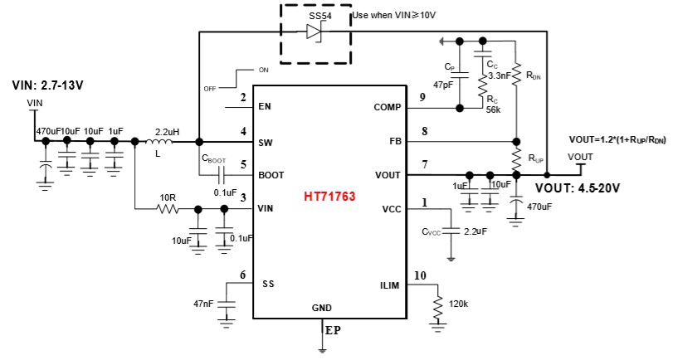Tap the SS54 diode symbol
point(315,32)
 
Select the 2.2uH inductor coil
point(168,141)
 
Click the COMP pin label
point(388,107)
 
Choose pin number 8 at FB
point(425,131)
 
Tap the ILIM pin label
point(390,286)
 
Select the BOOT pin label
point(271,175)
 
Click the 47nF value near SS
point(205,304)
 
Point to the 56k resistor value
point(495,109)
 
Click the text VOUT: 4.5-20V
point(578,187)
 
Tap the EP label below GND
point(332,330)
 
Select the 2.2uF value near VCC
point(475,231)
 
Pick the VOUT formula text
point(617,139)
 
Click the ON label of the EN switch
point(263,69)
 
